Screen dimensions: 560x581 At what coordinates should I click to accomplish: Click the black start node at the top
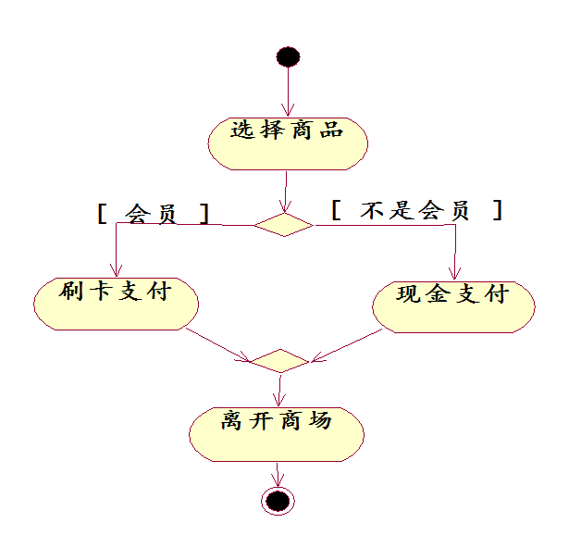(x=288, y=56)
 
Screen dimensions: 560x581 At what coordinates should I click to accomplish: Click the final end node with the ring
(x=277, y=501)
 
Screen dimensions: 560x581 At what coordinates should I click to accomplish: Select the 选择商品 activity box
(x=288, y=143)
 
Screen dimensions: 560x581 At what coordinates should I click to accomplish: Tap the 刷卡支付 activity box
(x=116, y=302)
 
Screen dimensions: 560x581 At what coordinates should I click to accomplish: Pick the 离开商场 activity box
(x=277, y=432)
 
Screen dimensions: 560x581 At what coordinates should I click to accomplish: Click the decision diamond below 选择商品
(x=284, y=224)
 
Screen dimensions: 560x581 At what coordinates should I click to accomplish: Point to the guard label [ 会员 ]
(x=153, y=214)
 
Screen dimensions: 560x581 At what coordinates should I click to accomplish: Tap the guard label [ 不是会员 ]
(x=416, y=210)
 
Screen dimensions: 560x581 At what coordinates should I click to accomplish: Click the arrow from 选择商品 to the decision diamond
(x=286, y=191)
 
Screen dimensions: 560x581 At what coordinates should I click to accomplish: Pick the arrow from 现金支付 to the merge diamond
(x=347, y=344)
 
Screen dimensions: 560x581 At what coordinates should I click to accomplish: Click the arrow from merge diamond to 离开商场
(x=278, y=387)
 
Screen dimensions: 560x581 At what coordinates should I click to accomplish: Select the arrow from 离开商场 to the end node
(x=277, y=474)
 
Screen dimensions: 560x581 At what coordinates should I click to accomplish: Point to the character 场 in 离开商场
(x=319, y=421)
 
